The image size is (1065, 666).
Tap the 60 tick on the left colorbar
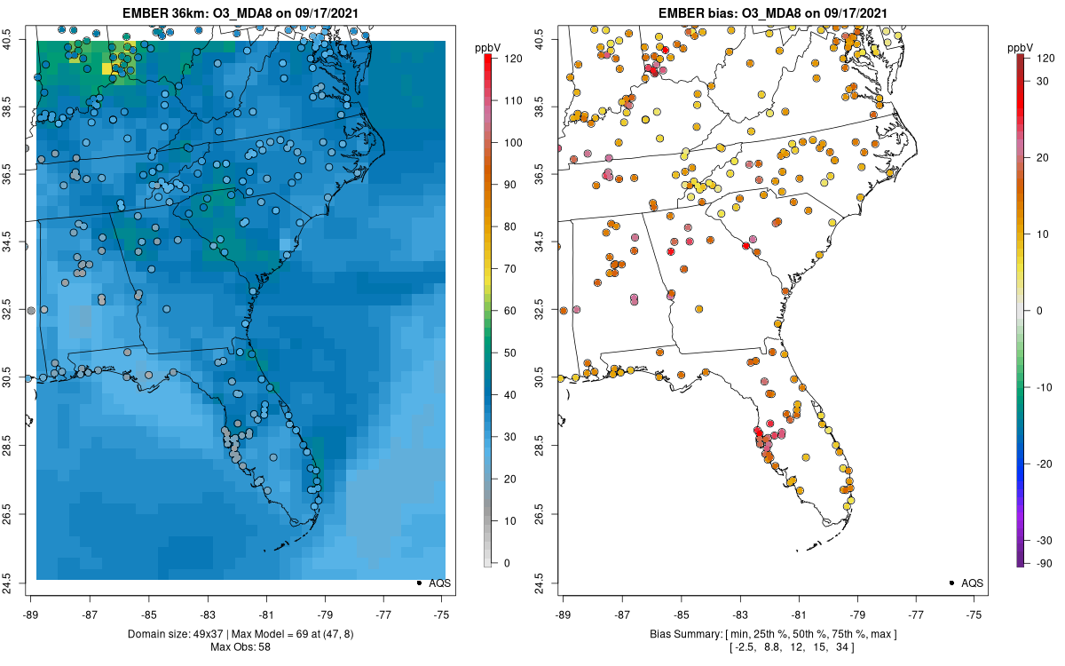point(508,311)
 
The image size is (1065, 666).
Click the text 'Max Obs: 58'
point(240,646)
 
